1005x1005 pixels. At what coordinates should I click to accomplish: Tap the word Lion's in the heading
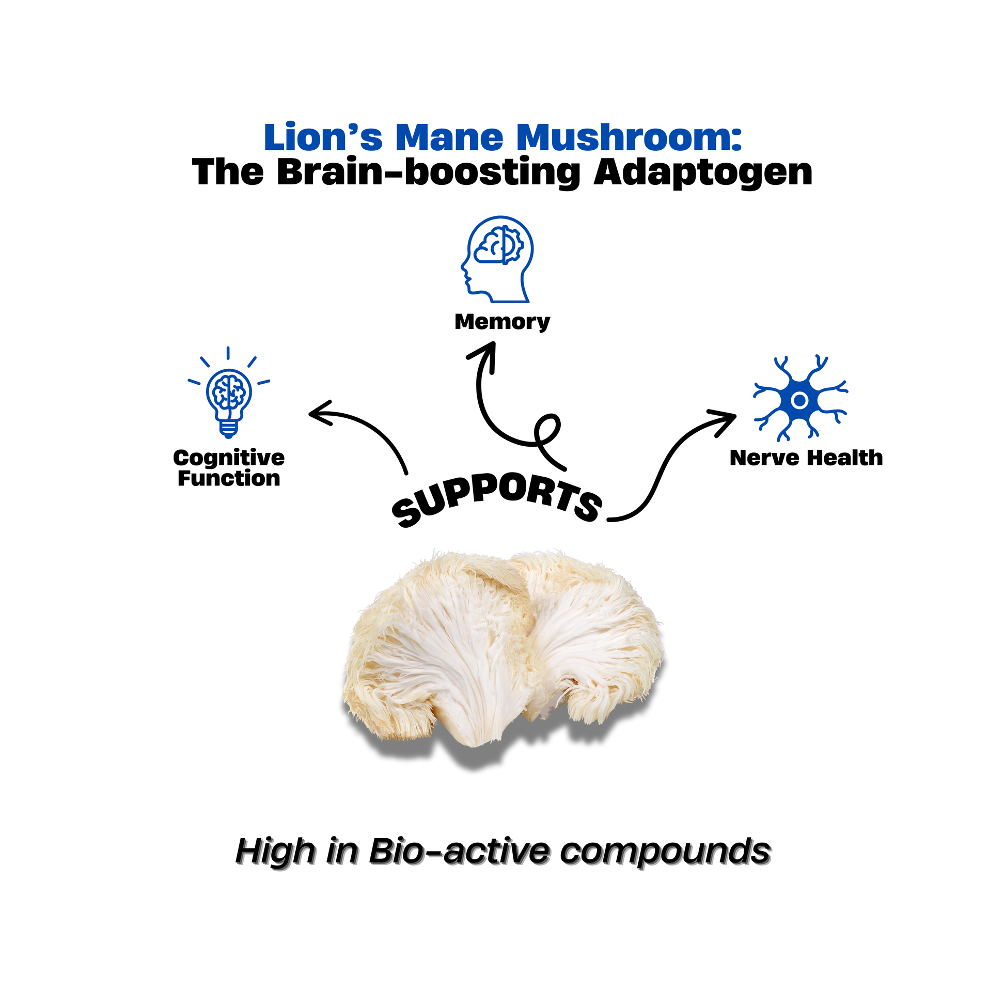(x=323, y=137)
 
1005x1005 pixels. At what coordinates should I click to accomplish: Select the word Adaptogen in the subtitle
(x=703, y=172)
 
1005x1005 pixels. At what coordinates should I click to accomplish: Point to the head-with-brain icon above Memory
(x=498, y=259)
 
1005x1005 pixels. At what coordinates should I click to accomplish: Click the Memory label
(x=502, y=322)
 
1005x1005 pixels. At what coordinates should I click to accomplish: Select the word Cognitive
(x=229, y=458)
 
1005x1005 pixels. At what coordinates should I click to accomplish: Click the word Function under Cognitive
(x=229, y=479)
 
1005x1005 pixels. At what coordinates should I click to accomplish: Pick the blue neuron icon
(x=799, y=400)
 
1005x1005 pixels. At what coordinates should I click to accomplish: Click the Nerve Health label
(x=806, y=458)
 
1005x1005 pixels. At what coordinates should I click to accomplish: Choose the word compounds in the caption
(x=665, y=852)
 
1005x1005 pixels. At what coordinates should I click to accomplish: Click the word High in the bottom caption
(x=275, y=852)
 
